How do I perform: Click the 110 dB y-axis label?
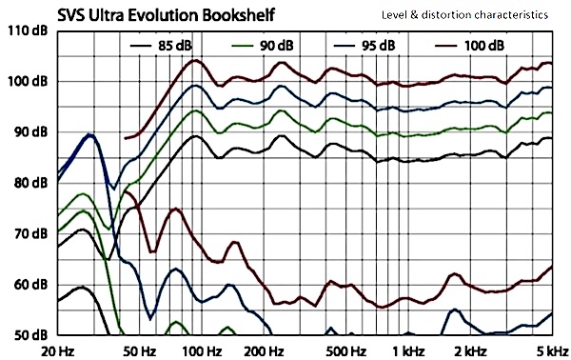click(x=29, y=30)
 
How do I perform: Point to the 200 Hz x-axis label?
click(x=259, y=350)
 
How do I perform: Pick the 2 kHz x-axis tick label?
click(x=469, y=350)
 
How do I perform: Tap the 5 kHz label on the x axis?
click(x=551, y=350)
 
